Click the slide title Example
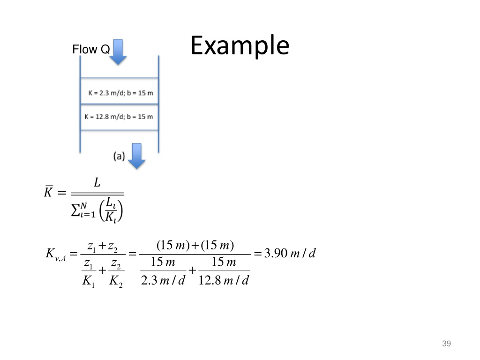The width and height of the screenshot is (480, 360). tap(240, 46)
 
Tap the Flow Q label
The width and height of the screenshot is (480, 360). tap(91, 49)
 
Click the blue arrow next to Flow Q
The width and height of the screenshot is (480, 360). tap(118, 52)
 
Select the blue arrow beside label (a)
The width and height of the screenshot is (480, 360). tap(137, 156)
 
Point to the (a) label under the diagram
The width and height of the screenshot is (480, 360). tap(119, 156)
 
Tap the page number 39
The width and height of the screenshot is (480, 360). tap(446, 345)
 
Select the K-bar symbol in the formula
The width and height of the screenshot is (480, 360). tap(48, 192)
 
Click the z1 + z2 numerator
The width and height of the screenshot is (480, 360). tap(102, 245)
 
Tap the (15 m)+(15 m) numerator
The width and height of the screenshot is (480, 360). tap(195, 245)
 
